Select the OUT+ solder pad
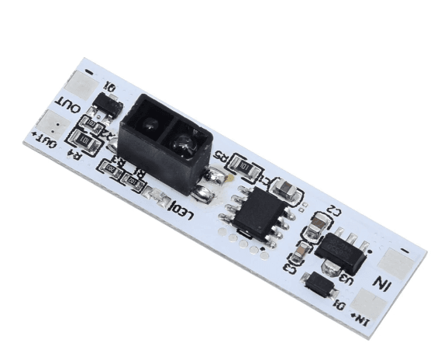(51, 123)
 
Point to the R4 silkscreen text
(75, 154)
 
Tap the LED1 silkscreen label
(180, 208)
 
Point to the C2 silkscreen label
(334, 209)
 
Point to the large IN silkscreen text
(383, 282)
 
